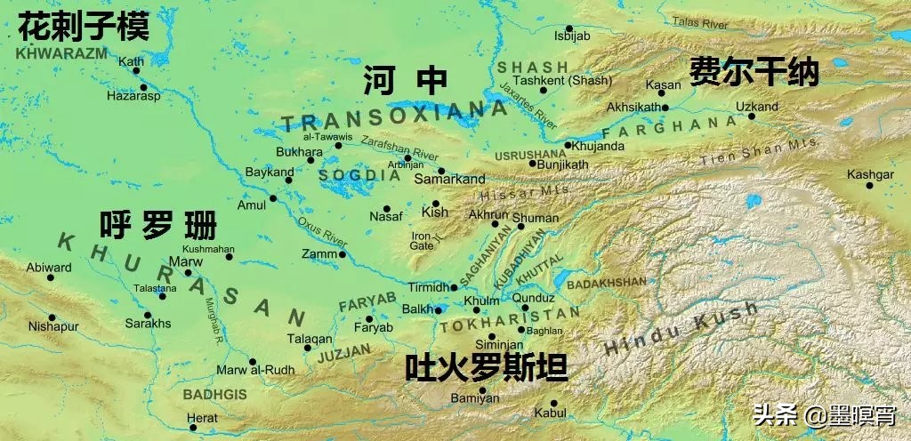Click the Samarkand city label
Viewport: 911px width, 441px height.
pos(455,180)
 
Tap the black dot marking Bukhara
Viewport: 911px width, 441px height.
pos(310,161)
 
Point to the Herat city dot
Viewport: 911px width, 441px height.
pos(193,429)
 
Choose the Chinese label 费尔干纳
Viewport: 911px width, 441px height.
pos(754,72)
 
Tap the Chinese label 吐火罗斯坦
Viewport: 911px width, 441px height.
pos(486,367)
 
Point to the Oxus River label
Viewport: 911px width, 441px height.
pos(322,230)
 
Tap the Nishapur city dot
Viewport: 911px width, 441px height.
pos(52,317)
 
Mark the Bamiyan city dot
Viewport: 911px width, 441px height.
pos(483,389)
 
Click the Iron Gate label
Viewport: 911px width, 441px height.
pos(421,241)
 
